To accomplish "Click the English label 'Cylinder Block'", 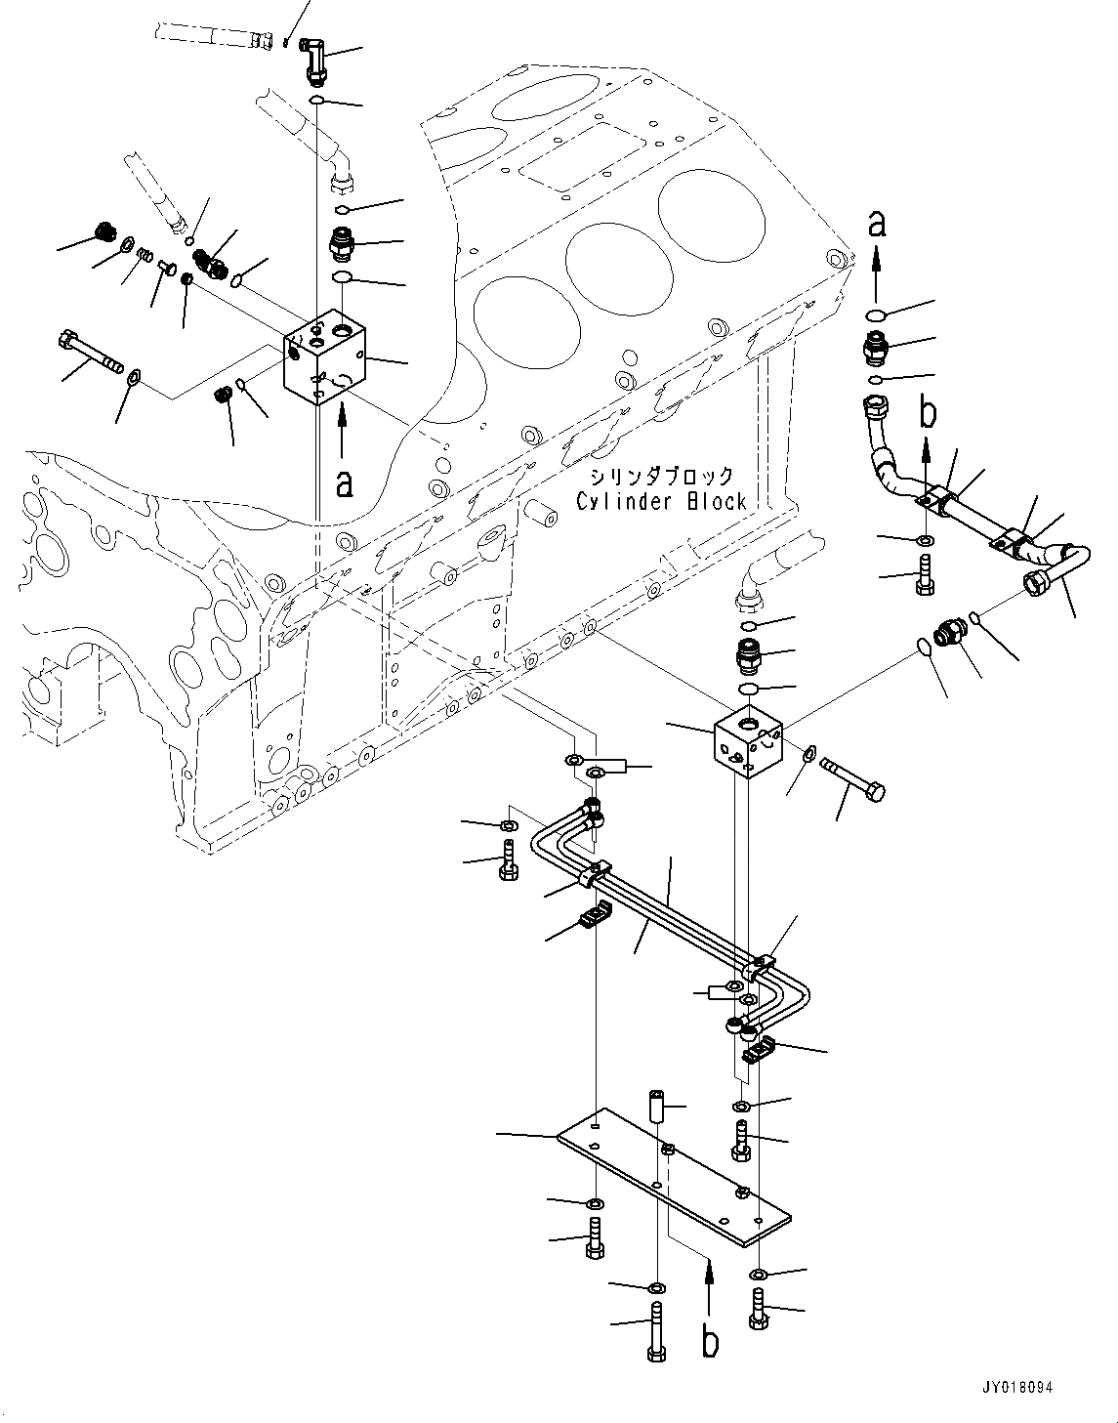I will tap(661, 502).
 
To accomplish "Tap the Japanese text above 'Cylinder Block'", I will tap(661, 477).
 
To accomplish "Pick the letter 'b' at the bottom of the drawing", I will tap(711, 1340).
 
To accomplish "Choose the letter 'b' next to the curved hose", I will tap(927, 412).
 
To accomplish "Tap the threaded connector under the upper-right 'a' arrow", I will tap(875, 348).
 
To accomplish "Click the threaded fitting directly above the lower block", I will tap(751, 653).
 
